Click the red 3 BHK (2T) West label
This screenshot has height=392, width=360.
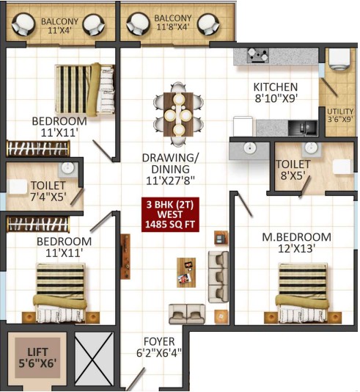coord(170,214)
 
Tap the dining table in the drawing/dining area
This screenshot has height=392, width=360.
coord(178,115)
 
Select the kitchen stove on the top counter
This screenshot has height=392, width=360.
coord(258,55)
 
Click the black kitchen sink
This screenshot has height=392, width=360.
coord(303,128)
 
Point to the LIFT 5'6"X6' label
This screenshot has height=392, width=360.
coord(37,357)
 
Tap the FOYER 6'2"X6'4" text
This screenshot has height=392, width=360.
coord(159,347)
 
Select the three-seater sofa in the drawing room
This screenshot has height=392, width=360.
coord(218,277)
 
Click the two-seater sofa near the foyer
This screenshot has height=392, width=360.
coord(187,314)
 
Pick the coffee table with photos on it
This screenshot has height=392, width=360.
coord(186,272)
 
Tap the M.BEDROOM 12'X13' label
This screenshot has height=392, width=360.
coord(297,242)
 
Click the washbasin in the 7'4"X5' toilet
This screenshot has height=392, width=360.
coord(67,168)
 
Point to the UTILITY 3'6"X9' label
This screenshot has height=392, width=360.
coord(340,115)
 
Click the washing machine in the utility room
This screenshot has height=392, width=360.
coord(339,59)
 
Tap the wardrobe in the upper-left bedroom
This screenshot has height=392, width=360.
coord(38,148)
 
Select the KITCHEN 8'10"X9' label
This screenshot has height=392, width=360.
coord(276,92)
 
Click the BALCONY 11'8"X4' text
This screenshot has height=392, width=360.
coord(173,23)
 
